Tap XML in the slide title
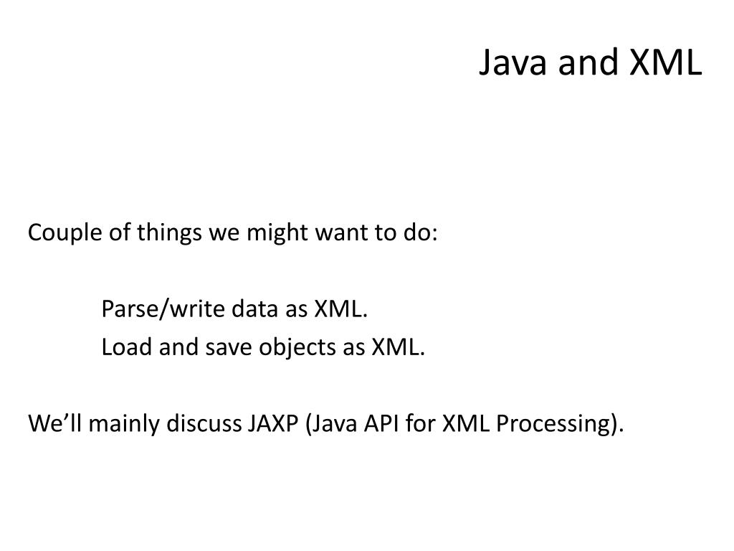point(667,63)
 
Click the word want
point(335,233)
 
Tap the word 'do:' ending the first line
point(419,233)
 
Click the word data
point(250,309)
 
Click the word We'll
point(50,424)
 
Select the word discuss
point(204,424)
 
